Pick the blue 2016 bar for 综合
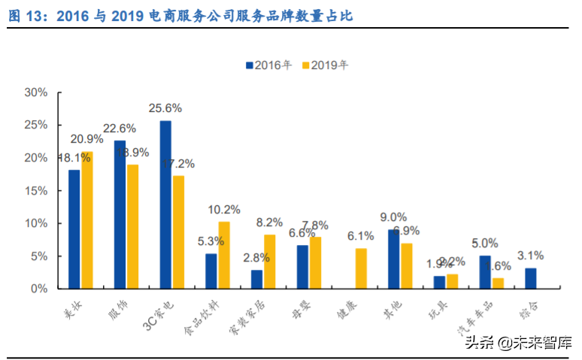pos(531,278)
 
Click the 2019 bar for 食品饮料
pos(224,255)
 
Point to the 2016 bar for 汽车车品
pos(485,272)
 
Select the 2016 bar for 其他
pos(393,259)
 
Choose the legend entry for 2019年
pos(326,65)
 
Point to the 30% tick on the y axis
pos(36,92)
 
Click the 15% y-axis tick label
pos(36,191)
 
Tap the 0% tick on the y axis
pos(39,289)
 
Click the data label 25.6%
pos(165,107)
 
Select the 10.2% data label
pos(224,209)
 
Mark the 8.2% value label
pos(269,222)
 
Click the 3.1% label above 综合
pos(531,255)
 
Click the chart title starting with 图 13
pos(180,15)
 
